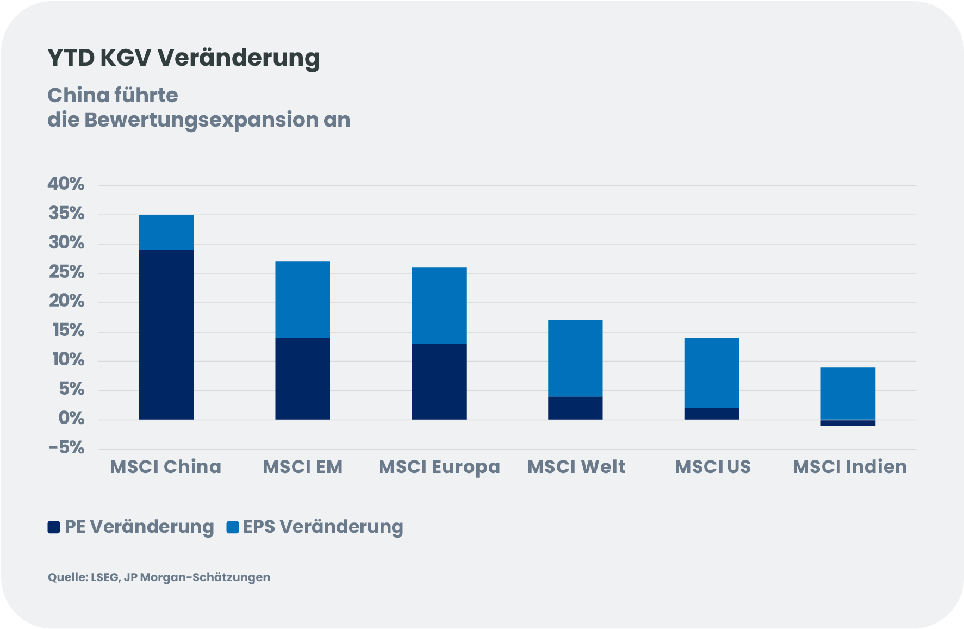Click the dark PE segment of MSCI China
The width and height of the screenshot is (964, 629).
(x=166, y=334)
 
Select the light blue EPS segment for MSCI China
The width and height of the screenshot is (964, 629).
(x=166, y=232)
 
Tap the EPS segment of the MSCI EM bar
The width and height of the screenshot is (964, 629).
(x=302, y=300)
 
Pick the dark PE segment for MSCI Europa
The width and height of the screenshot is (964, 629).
(x=439, y=381)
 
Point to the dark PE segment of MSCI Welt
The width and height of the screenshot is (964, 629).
(x=575, y=408)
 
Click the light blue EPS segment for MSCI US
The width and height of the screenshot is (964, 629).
(x=712, y=372)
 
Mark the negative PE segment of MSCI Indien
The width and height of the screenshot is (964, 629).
(x=848, y=422)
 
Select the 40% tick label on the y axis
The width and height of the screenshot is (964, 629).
(x=66, y=184)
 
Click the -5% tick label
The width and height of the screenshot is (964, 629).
(x=66, y=448)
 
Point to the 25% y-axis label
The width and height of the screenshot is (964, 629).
(x=66, y=272)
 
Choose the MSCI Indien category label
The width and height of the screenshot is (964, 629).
(x=849, y=466)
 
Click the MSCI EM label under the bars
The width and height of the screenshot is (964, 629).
(x=302, y=466)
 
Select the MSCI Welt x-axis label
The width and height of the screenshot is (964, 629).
(x=576, y=466)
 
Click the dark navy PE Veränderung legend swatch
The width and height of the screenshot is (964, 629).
(x=54, y=527)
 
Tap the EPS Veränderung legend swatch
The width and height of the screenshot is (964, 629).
(x=233, y=527)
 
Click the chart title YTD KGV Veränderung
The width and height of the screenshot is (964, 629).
(x=184, y=58)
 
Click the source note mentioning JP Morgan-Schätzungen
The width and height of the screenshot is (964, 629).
(x=159, y=577)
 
